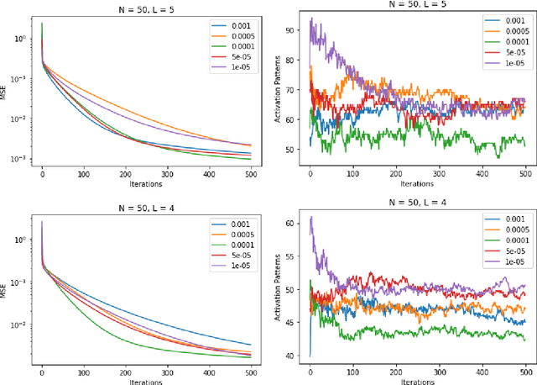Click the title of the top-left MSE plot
point(147,8)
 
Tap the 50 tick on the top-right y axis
point(291,150)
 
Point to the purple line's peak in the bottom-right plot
point(311,217)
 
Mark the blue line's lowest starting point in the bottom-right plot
point(310,356)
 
